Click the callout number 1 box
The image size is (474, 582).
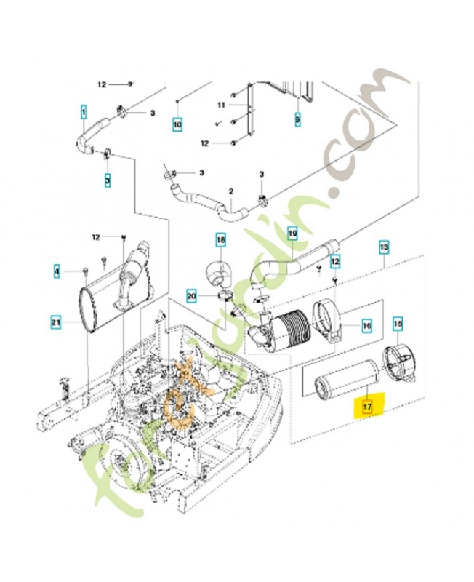pos(83,113)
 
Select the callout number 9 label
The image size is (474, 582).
pos(297,118)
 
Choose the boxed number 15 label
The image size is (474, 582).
pos(398,322)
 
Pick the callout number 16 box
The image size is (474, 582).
pos(367,327)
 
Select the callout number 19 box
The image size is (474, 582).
pos(292,234)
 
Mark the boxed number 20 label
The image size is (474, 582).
pos(191,296)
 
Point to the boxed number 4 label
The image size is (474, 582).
pos(56,272)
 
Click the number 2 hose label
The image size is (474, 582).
pos(230,191)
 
